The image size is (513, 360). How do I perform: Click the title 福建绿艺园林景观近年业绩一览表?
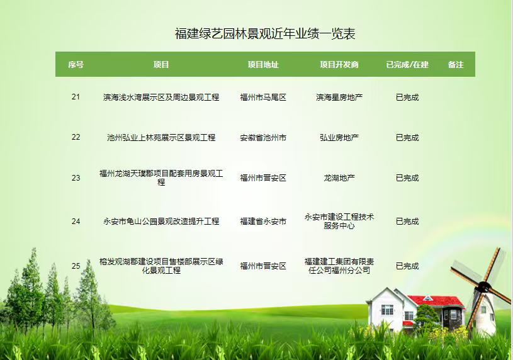point(265,34)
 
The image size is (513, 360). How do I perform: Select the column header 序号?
point(76,64)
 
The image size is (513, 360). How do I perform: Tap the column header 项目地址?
point(263,64)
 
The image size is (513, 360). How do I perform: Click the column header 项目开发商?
point(339,64)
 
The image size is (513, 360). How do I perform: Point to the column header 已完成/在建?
point(407,64)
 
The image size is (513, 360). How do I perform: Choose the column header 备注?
point(456,64)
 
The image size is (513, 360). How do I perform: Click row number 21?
point(76,97)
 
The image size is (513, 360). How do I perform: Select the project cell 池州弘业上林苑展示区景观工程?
point(161,137)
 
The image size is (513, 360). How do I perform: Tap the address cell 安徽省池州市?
point(263,137)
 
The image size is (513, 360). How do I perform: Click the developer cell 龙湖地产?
point(339,177)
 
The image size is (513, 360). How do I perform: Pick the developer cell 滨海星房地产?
point(339,97)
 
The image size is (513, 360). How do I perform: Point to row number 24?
point(76,222)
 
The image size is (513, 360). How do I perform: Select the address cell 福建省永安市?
point(263,222)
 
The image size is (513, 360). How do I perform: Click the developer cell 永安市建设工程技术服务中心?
point(339,222)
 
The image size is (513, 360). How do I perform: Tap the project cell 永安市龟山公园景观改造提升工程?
point(161,222)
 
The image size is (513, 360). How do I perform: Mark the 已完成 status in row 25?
point(407,266)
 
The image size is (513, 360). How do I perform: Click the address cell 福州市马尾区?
point(263,97)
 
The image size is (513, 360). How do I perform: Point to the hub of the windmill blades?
point(484,288)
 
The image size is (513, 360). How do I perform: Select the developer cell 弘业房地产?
point(339,137)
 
